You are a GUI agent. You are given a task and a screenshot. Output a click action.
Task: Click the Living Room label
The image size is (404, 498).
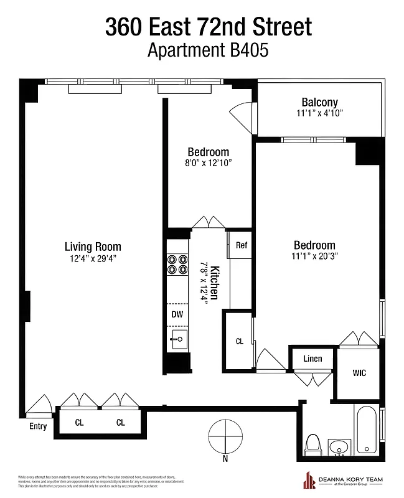pyautogui.click(x=93, y=247)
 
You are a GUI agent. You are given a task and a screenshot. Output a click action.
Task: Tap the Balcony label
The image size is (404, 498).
pyautogui.click(x=319, y=102)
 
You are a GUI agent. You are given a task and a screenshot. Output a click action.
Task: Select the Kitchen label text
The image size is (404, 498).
pyautogui.click(x=214, y=283)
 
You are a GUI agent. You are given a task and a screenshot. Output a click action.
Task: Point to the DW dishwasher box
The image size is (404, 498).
pyautogui.click(x=177, y=314)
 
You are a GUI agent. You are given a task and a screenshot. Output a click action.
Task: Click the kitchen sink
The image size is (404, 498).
pyautogui.click(x=179, y=339)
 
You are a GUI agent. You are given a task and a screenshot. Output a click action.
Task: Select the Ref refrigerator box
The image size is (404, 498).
pyautogui.click(x=241, y=245)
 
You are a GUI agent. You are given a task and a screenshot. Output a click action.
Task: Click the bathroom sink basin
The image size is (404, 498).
pyautogui.click(x=339, y=447)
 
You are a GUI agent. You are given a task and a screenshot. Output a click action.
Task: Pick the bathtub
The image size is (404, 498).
pyautogui.click(x=366, y=430)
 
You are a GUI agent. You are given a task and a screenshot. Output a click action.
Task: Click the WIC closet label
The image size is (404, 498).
pyautogui.click(x=359, y=373)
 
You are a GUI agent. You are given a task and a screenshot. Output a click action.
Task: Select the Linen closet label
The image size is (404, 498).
pyautogui.click(x=312, y=359)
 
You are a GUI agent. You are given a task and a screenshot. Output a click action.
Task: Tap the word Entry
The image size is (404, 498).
pyautogui.click(x=38, y=426)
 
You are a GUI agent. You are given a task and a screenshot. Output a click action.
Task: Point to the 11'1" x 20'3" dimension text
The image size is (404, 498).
pyautogui.click(x=314, y=256)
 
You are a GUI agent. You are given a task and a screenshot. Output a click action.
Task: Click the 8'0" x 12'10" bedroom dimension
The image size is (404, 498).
pyautogui.click(x=208, y=162)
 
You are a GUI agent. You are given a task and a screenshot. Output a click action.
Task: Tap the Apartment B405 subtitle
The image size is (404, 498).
pyautogui.click(x=207, y=50)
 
